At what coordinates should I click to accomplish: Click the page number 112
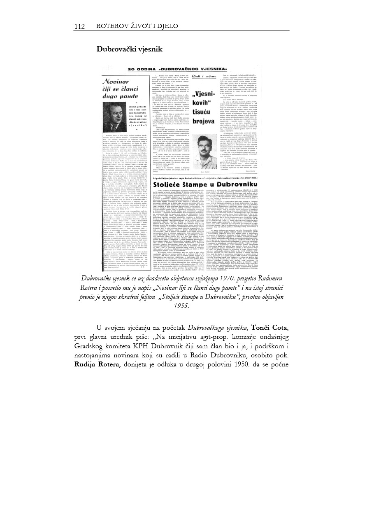tap(79, 27)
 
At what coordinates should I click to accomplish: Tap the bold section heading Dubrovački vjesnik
tap(129, 49)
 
